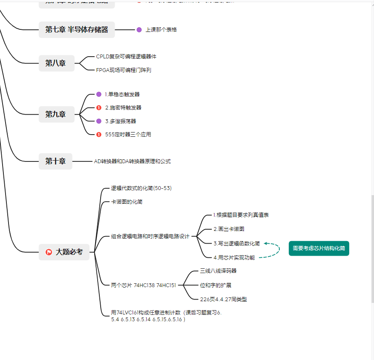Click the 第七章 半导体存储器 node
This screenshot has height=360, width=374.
77,30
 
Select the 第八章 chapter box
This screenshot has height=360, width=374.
56,63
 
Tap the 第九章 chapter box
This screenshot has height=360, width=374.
56,114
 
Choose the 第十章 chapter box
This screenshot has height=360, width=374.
56,161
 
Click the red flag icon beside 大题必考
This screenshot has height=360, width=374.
49,252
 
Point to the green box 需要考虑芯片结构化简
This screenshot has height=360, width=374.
319,248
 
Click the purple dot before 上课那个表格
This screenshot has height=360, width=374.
139,30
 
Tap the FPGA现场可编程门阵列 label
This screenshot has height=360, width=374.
123,70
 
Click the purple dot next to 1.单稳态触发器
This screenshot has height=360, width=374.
99,94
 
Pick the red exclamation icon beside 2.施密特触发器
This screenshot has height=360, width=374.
99,108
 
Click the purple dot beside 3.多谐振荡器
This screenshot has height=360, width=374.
99,121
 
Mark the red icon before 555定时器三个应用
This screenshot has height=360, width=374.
99,135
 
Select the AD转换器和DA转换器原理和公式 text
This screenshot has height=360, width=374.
132,161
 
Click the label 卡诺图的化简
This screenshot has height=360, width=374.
127,202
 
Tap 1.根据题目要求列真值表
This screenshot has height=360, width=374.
241,215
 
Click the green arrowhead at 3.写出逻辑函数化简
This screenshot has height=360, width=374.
266,243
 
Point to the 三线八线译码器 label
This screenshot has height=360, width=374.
218,271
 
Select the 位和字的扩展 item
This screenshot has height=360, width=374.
215,285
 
